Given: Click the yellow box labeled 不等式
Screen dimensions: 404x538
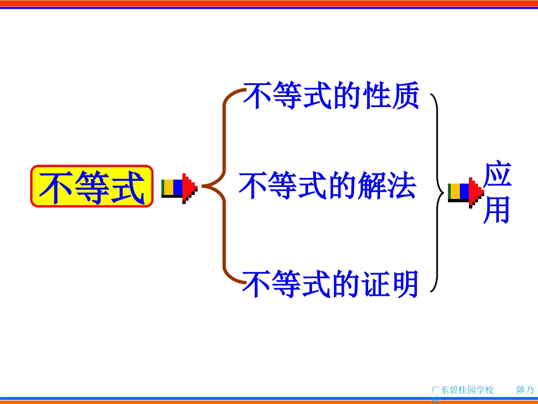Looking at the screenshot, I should [92, 186].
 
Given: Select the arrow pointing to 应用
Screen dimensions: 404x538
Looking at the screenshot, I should [466, 192].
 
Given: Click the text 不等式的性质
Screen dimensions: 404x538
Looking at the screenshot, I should [331, 95].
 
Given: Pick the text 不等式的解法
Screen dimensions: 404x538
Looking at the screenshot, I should [327, 186].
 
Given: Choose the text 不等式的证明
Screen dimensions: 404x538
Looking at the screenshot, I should [331, 284].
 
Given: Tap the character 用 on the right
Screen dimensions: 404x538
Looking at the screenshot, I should [497, 210].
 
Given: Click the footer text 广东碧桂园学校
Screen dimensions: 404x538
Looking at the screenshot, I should [462, 390].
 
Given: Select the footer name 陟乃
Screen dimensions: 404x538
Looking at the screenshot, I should [525, 390].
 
